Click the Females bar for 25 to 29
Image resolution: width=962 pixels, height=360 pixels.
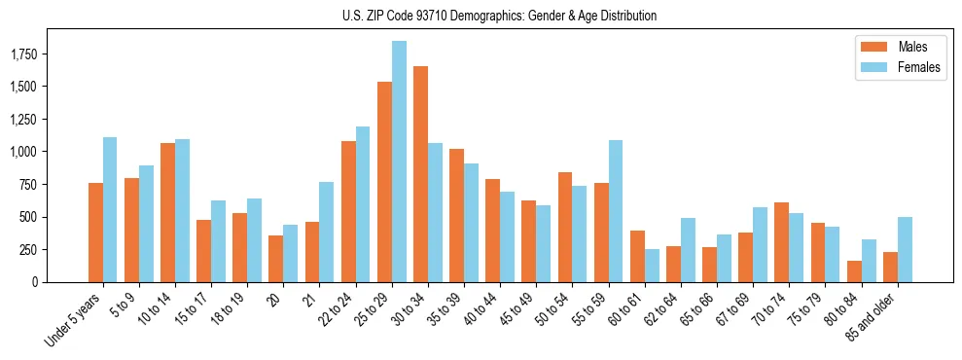(x=399, y=162)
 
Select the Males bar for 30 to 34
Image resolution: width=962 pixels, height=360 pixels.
(x=420, y=174)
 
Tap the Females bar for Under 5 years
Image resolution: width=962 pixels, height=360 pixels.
(x=110, y=209)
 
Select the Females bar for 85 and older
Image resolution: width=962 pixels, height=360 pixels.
(x=905, y=249)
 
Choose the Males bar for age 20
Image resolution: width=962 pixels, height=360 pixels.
(x=275, y=259)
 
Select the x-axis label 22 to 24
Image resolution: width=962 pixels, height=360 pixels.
(x=338, y=309)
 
